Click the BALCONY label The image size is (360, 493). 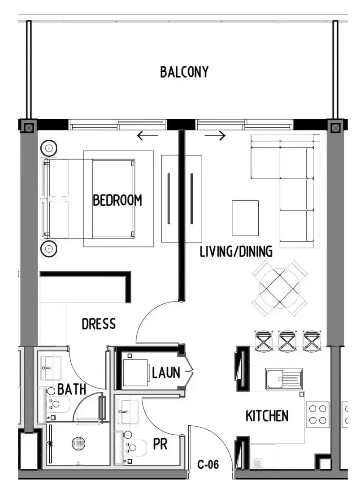coord(184,72)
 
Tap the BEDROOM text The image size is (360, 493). coord(117,200)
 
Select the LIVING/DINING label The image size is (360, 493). coord(236,251)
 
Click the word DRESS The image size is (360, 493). coord(99,324)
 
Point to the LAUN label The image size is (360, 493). coord(166,373)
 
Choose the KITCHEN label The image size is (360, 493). coord(267,416)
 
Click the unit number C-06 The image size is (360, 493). coord(208,464)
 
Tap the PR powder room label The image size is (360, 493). coord(160,444)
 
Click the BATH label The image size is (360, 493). coord(72,389)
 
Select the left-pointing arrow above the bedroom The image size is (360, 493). coord(148,136)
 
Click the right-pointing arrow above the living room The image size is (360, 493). coord(215,136)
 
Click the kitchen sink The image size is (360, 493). coord(284,379)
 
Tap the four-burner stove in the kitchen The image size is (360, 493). coord(317,415)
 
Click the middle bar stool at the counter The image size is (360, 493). coord(287,341)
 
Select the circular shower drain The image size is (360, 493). coord(78,444)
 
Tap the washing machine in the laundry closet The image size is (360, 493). coord(135,372)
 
